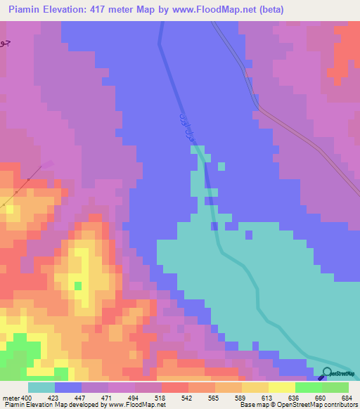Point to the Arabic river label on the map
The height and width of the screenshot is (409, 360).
point(185,126)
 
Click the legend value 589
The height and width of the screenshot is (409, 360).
point(240,398)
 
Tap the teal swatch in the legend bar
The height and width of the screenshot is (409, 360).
point(41,387)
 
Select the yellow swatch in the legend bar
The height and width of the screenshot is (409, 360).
point(281,387)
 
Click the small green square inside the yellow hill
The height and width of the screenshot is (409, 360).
point(77,285)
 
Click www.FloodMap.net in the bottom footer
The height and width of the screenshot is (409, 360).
point(137,405)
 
